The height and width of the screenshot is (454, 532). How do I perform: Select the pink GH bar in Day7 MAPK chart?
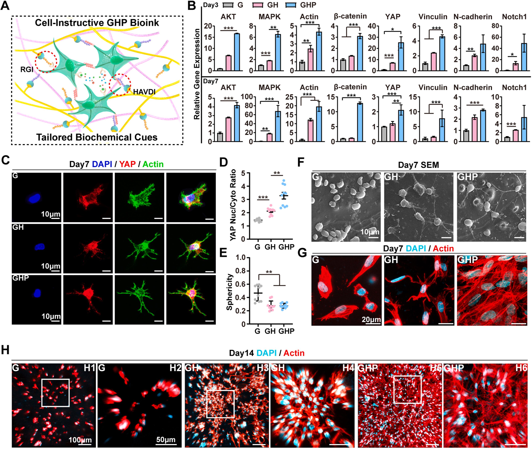[x=270, y=137]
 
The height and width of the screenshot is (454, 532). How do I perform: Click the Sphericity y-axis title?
[x=229, y=292]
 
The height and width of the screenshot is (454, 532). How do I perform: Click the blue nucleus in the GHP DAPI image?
[x=37, y=293]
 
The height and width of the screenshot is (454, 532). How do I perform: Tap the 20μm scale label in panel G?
[x=371, y=320]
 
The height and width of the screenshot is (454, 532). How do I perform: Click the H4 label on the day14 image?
[x=348, y=368]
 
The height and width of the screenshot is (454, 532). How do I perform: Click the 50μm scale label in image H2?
[x=166, y=439]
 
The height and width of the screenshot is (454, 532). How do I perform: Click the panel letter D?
[x=224, y=163]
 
